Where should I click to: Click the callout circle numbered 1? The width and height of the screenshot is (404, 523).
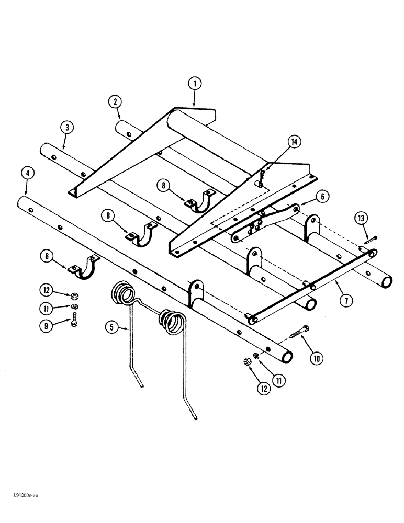[194, 83]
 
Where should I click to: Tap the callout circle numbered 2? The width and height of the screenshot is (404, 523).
[114, 101]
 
